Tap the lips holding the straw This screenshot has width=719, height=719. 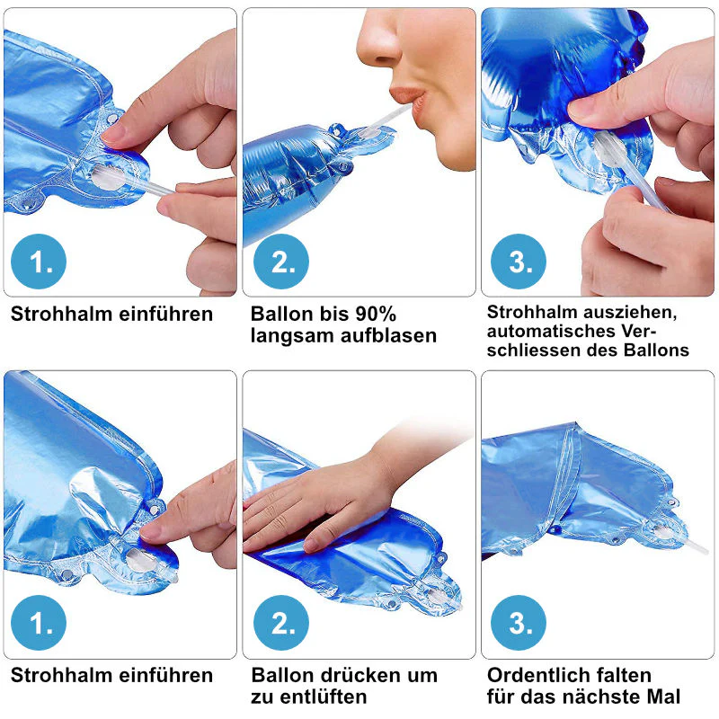408,98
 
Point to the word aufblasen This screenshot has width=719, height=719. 389,336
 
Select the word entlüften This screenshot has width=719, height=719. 324,697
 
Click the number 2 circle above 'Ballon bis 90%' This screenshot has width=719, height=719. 281,262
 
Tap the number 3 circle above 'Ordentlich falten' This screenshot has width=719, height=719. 519,623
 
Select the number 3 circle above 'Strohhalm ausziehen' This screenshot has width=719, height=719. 519,262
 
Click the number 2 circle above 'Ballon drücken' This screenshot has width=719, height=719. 281,623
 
